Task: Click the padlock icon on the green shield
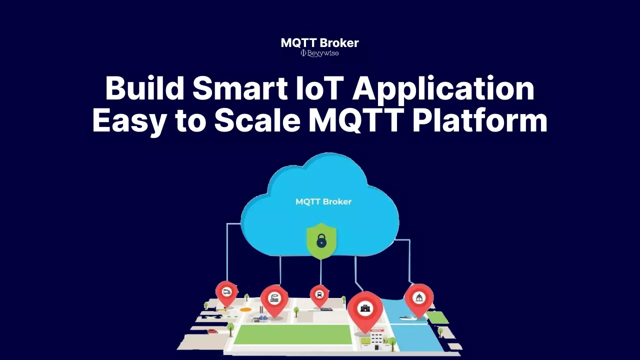[321, 241]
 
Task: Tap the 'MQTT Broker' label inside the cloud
[323, 201]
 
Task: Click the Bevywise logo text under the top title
[320, 53]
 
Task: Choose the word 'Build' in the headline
[144, 88]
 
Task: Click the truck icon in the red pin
[226, 292]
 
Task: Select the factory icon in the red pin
[274, 298]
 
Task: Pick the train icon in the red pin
[319, 293]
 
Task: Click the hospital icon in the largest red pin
[365, 308]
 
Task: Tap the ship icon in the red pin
[419, 298]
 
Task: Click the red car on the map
[212, 331]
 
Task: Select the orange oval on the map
[244, 309]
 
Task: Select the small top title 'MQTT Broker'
[319, 43]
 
